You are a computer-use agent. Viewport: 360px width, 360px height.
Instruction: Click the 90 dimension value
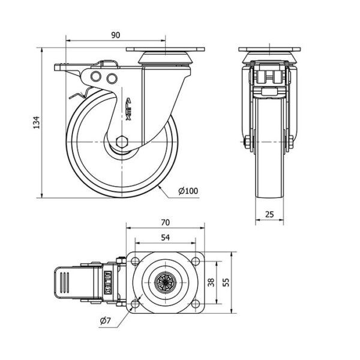tap(115, 35)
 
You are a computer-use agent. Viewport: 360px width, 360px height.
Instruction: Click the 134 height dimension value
tap(37, 122)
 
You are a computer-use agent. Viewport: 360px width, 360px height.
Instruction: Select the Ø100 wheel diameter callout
tap(188, 191)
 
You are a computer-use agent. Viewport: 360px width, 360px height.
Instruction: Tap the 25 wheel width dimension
tap(269, 214)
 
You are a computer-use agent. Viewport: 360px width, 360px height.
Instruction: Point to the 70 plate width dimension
tap(166, 223)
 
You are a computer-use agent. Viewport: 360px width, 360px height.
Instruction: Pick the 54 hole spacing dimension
tap(166, 238)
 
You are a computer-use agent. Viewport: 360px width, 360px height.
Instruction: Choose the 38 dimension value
tap(211, 283)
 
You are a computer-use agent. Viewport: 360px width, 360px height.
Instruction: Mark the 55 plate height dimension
tap(226, 283)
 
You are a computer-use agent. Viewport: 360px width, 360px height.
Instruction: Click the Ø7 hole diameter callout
tap(106, 320)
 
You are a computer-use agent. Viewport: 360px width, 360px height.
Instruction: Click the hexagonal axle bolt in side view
tap(122, 142)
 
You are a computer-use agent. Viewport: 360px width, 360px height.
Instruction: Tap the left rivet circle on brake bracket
tap(96, 76)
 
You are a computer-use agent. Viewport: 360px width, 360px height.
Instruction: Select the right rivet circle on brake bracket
tap(112, 79)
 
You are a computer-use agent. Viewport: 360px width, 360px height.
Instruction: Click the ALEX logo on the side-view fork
tap(128, 109)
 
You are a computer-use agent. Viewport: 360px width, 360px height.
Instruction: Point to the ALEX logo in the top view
tap(107, 282)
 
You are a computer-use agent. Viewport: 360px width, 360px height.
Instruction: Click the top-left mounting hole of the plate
tap(135, 261)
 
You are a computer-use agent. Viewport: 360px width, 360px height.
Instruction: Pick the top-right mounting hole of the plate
tap(195, 261)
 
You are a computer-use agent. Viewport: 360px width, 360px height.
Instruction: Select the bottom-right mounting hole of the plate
tap(195, 304)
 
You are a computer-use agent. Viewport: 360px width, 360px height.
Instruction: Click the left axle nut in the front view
tap(247, 142)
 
